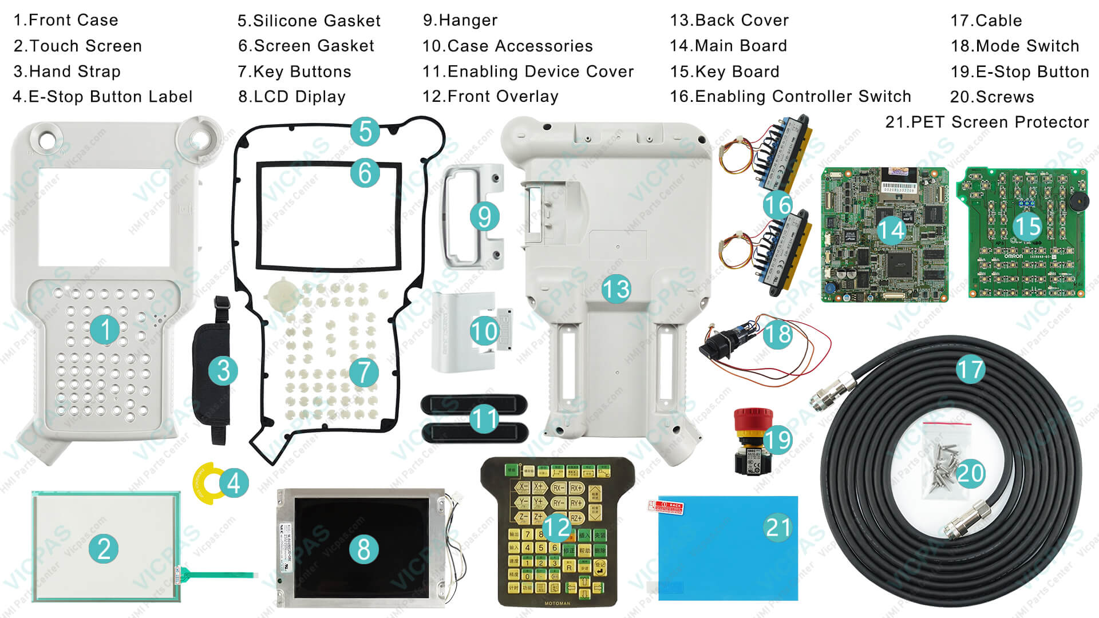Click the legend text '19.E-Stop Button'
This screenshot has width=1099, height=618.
tap(1019, 72)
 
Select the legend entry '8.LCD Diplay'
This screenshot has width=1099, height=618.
tap(291, 97)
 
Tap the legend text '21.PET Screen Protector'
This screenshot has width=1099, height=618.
tap(987, 122)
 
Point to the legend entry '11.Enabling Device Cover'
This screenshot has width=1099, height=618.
tap(528, 72)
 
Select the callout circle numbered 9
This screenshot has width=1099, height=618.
tap(484, 217)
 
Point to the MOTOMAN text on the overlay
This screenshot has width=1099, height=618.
tap(557, 603)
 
